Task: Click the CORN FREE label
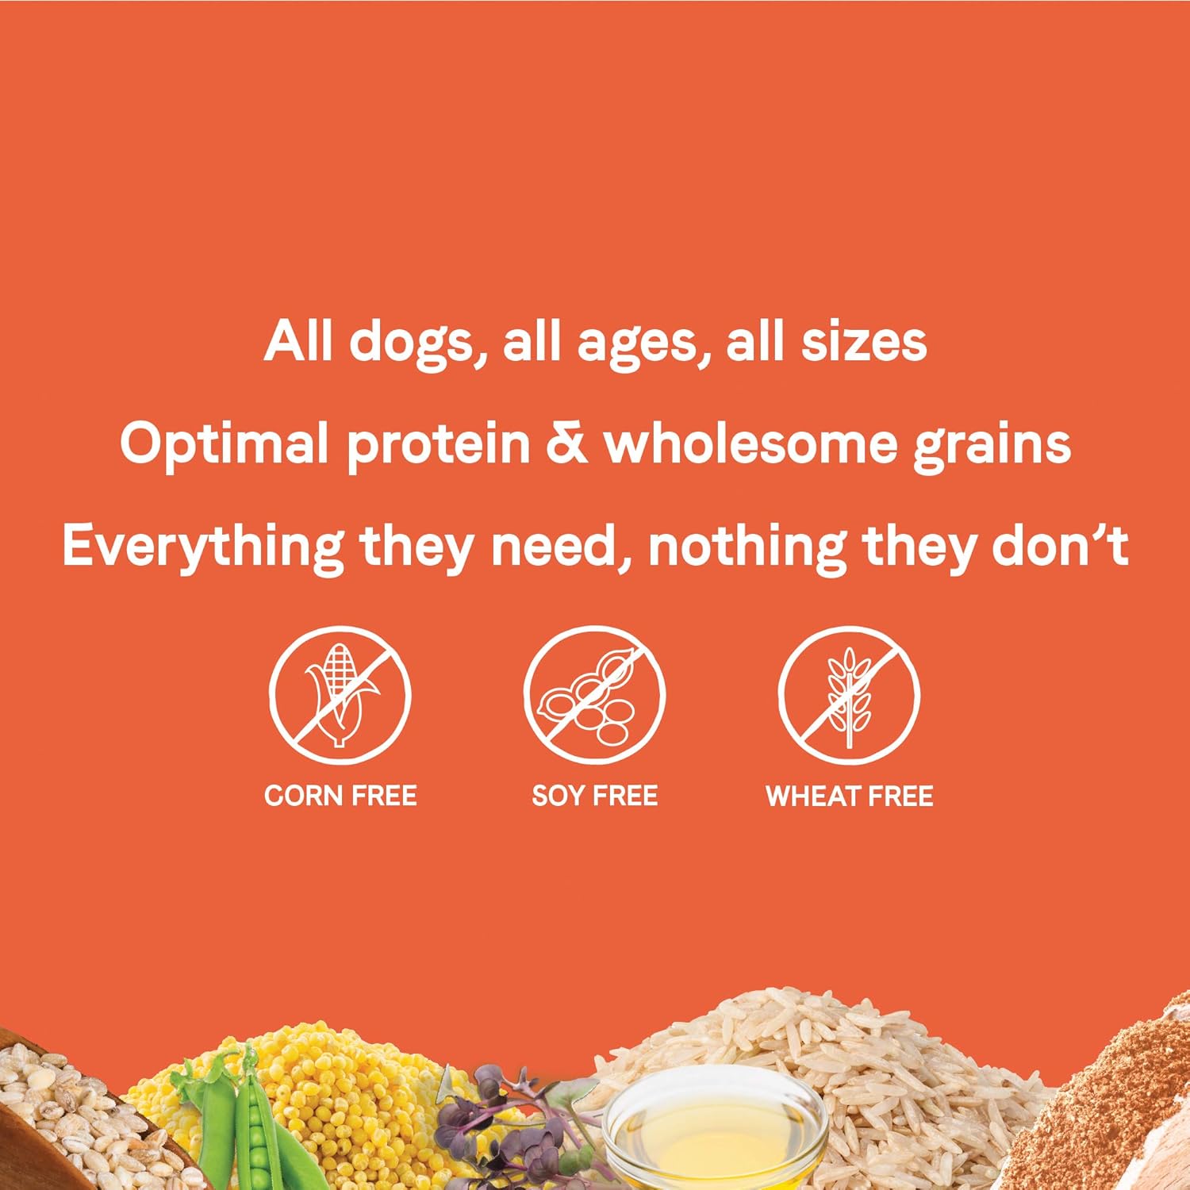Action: coord(340,796)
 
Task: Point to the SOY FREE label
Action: coord(594,796)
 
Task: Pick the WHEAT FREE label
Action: coord(849,796)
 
